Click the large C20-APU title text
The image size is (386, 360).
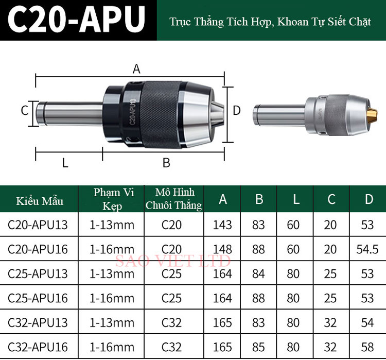(76, 19)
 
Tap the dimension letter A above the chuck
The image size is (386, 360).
(136, 68)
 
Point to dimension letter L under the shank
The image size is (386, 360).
(65, 163)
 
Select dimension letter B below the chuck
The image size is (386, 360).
(166, 163)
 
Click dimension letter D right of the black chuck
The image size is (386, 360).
(237, 111)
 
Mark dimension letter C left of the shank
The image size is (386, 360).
(24, 110)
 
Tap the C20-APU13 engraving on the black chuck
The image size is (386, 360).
(132, 111)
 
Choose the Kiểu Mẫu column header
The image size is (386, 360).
(40, 201)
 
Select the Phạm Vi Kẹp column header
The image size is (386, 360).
(114, 199)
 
